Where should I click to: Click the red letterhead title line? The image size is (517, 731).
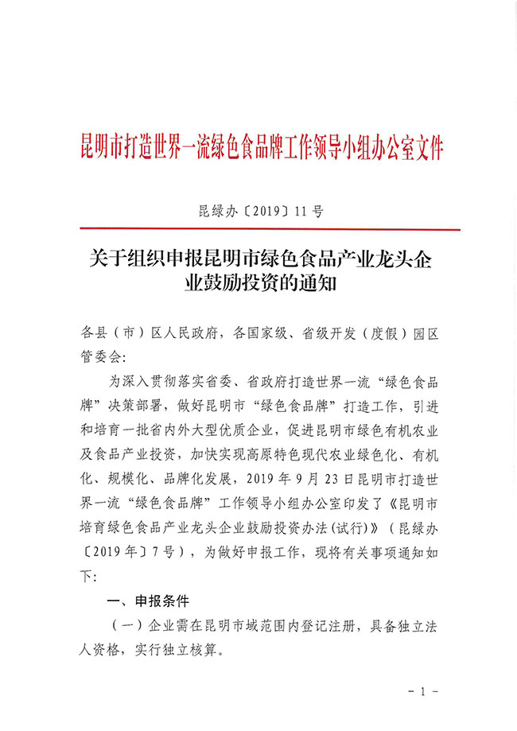(x=258, y=147)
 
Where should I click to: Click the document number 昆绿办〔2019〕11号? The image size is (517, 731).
(x=258, y=212)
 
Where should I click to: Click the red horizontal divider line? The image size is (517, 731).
(x=258, y=231)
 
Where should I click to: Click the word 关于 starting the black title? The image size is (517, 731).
(x=106, y=259)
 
